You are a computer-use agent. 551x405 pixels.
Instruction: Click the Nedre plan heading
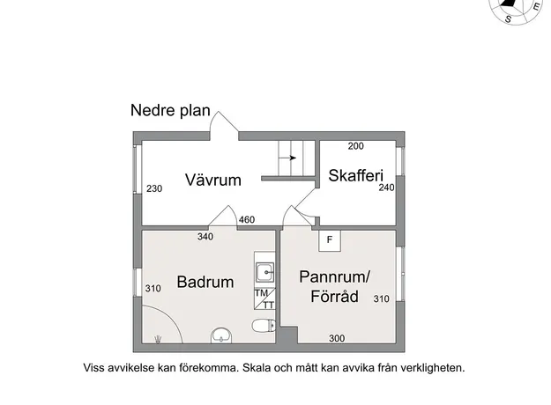point(170,111)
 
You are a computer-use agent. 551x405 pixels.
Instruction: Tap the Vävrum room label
point(213,180)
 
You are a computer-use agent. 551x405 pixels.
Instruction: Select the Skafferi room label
point(355,175)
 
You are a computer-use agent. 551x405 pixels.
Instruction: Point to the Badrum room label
point(205,282)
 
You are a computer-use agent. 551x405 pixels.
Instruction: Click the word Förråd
point(334,296)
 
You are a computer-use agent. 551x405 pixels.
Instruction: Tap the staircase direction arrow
point(288,158)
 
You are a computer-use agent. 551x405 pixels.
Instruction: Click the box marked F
point(330,240)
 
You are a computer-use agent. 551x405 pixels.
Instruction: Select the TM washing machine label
point(261,292)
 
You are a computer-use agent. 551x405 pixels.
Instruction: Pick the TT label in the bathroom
point(269,306)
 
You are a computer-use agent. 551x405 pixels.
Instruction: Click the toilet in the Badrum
point(264,326)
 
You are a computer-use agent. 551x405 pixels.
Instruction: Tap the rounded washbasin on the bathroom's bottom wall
point(221,335)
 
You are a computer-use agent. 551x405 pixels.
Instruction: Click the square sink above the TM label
point(264,272)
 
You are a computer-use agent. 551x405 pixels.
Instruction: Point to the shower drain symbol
point(158,339)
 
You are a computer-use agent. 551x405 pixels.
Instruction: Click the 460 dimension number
point(247,220)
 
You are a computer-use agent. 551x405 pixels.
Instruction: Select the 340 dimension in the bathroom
point(205,237)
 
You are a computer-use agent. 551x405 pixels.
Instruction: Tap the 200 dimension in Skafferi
point(356,146)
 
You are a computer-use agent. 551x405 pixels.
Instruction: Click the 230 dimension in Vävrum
point(154,188)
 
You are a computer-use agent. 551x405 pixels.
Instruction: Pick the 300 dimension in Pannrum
point(337,338)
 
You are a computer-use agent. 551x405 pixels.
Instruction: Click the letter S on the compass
point(508,18)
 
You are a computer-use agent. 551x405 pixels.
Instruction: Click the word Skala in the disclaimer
point(257,368)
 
